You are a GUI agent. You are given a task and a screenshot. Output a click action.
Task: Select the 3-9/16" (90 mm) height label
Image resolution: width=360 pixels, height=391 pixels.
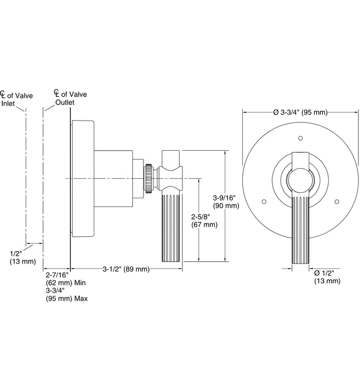coord(227,201)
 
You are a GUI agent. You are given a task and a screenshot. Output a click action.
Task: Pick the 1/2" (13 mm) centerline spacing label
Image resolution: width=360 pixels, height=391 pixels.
coord(22,258)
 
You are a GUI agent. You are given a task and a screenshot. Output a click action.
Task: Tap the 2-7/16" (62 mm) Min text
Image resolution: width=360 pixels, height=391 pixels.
coord(65,279)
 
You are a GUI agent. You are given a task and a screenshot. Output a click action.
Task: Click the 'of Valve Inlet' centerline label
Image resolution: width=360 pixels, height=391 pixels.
coord(15,99)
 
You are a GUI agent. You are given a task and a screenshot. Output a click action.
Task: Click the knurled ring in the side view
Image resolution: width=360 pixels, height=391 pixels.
coord(149,178)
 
